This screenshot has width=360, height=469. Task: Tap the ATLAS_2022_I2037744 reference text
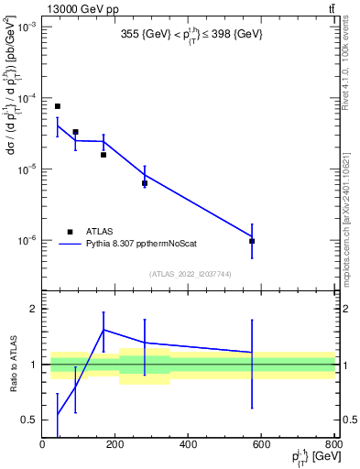(190, 274)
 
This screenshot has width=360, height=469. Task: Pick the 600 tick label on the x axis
(261, 445)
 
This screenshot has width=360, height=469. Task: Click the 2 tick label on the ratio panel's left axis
(31, 309)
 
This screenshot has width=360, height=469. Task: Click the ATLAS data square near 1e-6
(252, 241)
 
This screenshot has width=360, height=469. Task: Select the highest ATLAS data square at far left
(57, 106)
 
